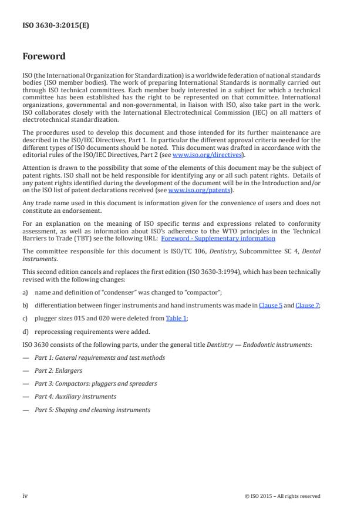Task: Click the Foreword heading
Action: [x=43, y=56]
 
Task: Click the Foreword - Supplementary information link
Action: [x=218, y=238]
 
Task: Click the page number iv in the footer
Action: [x=25, y=496]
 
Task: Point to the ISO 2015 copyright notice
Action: [x=282, y=496]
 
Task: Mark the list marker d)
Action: [x=26, y=331]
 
